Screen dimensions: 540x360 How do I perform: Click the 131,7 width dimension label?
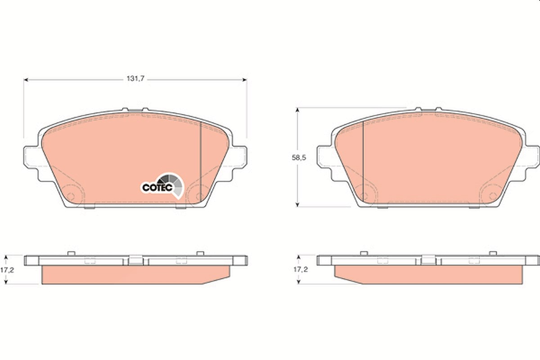[x=135, y=79]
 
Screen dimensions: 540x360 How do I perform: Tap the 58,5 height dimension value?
[x=299, y=157]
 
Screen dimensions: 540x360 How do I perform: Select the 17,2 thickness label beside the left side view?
[x=7, y=270]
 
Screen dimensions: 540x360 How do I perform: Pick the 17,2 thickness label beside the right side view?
[x=301, y=270]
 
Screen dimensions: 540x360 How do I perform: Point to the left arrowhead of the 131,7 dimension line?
[x=26, y=80]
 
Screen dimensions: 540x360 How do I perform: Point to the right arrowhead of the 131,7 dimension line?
[x=244, y=80]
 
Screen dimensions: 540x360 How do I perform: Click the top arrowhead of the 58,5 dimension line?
[x=297, y=110]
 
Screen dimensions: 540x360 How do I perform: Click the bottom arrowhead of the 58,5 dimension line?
[x=297, y=204]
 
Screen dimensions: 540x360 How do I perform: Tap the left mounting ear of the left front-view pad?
[x=31, y=157]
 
